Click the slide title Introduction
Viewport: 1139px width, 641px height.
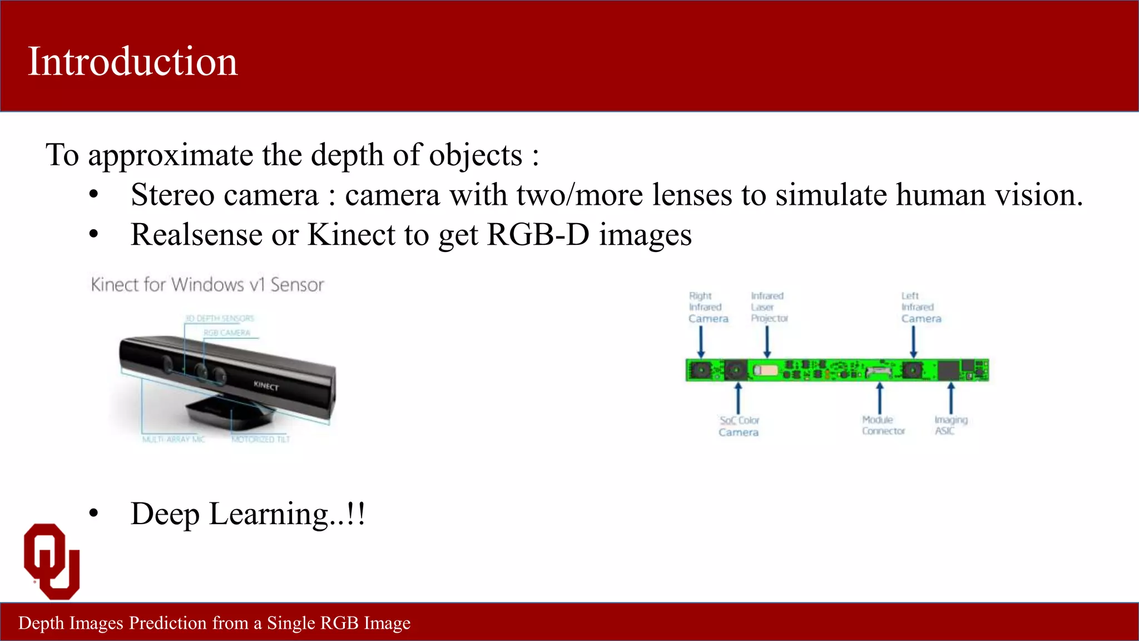point(132,61)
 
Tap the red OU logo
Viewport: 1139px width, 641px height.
point(52,561)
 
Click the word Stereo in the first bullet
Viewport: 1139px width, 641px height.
point(172,195)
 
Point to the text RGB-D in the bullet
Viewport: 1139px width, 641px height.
point(538,235)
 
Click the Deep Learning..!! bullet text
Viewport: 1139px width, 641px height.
point(247,514)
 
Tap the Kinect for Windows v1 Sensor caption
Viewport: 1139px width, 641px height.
point(207,285)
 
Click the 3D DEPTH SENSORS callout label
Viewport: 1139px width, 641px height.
point(220,318)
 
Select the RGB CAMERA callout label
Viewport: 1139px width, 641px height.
point(227,333)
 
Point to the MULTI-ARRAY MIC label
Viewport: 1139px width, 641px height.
point(174,440)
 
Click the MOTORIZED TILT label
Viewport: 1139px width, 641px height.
point(261,440)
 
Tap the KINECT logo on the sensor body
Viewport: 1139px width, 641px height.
point(266,386)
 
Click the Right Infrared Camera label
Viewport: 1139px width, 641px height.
point(707,307)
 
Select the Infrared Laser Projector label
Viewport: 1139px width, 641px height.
point(769,307)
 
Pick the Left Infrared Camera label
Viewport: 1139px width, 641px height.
point(920,307)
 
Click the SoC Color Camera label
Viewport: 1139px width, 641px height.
point(739,426)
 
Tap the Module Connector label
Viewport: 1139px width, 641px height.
point(883,426)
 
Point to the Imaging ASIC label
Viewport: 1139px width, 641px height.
point(950,426)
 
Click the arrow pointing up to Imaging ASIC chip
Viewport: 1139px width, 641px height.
point(951,398)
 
